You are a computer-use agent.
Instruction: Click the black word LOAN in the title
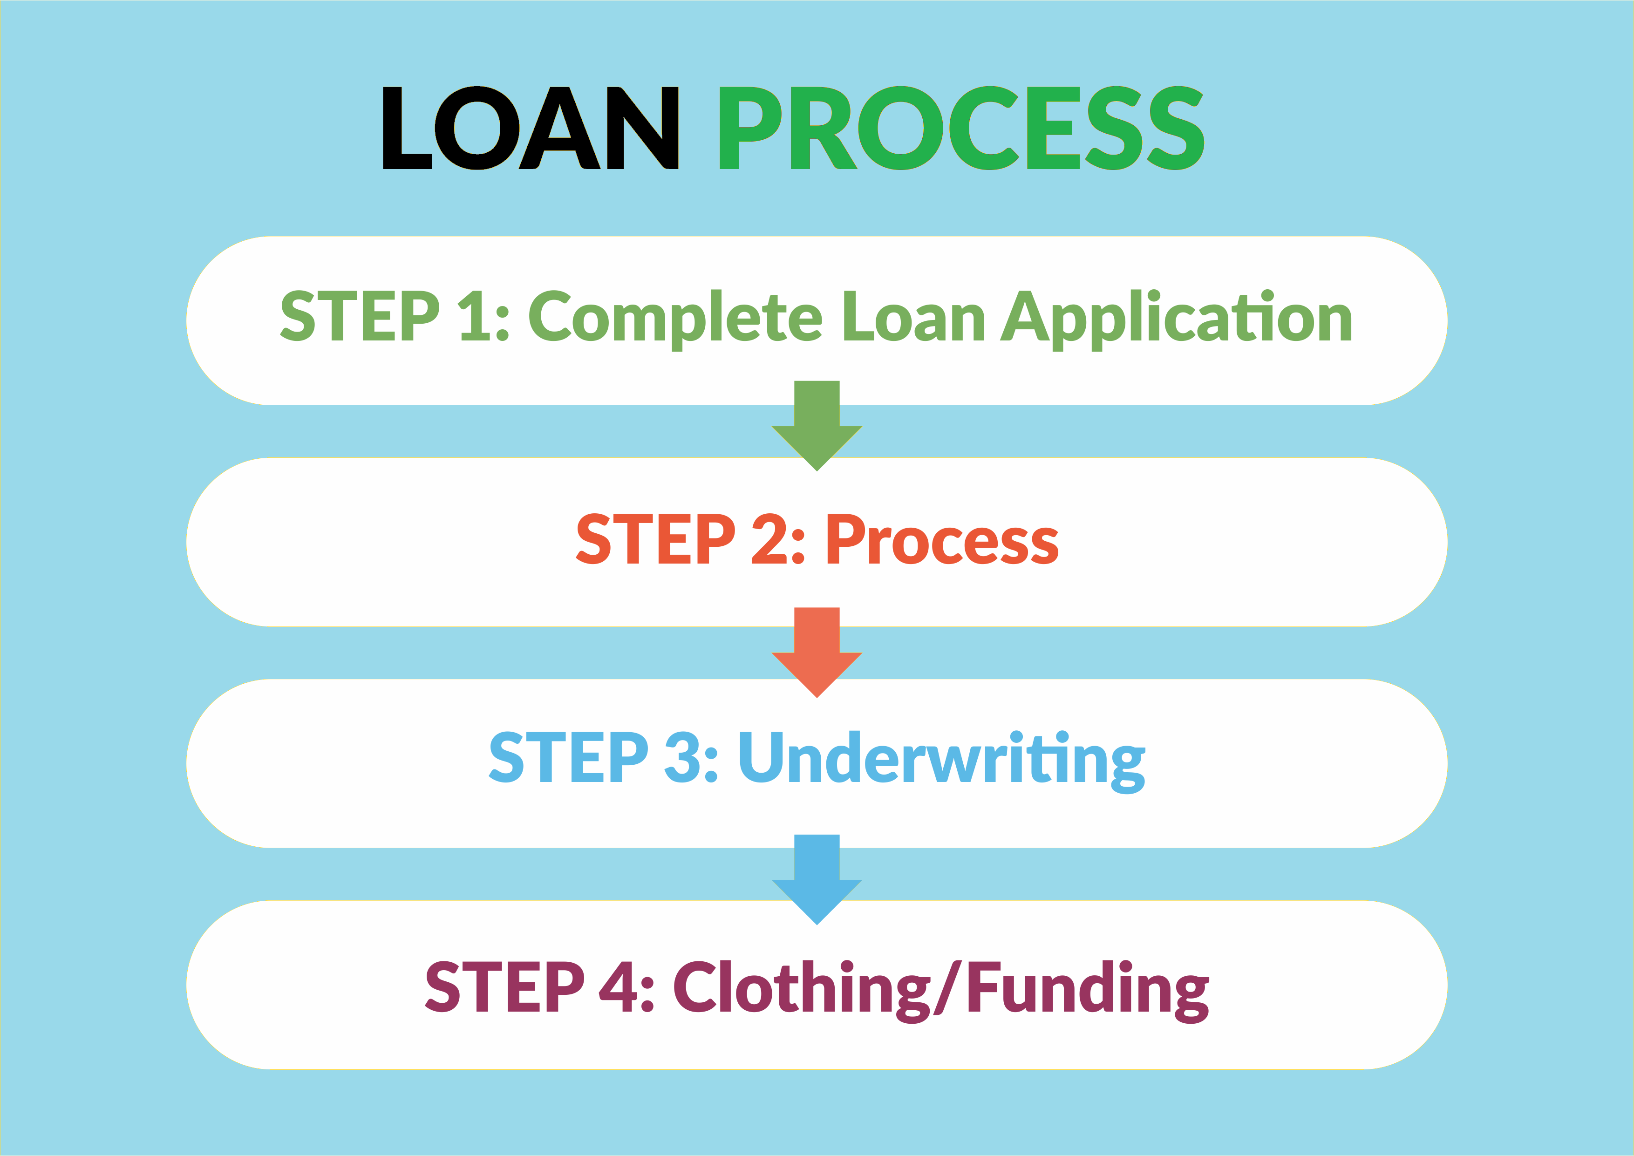click(x=530, y=128)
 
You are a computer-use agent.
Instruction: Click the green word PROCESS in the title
click(x=961, y=128)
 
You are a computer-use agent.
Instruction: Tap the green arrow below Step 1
click(x=817, y=426)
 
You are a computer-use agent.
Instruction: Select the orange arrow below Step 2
click(x=817, y=652)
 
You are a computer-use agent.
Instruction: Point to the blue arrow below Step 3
click(x=817, y=879)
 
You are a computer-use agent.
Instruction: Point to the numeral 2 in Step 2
click(x=769, y=539)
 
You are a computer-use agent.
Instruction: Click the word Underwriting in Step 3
click(x=941, y=760)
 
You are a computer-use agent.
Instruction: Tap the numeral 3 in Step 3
click(x=682, y=757)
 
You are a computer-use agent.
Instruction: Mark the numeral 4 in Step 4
click(x=618, y=986)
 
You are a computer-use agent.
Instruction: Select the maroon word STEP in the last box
click(x=504, y=986)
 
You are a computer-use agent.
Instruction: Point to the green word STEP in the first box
click(x=360, y=315)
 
